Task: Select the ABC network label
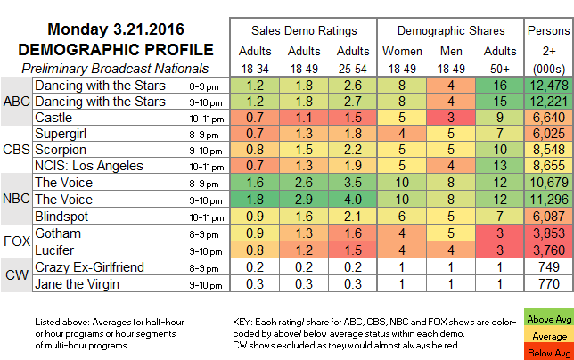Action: pos(16,102)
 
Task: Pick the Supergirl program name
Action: pos(61,133)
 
